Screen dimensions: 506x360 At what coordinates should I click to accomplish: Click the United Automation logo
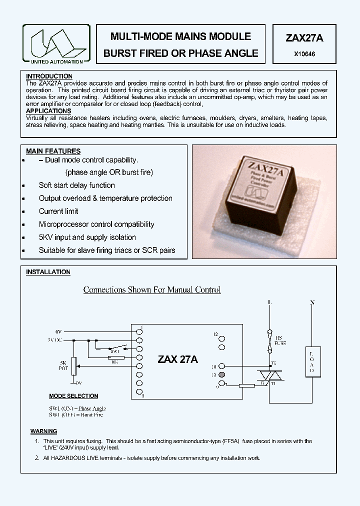[56, 43]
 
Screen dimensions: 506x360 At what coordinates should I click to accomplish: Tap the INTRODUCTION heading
[49, 76]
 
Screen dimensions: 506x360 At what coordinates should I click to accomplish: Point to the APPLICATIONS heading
[48, 111]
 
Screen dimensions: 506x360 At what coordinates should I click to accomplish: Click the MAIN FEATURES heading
[53, 151]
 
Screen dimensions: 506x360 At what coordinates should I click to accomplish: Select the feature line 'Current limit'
[58, 211]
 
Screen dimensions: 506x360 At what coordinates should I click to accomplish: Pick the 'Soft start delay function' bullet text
[76, 185]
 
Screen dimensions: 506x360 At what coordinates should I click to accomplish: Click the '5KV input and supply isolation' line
[87, 237]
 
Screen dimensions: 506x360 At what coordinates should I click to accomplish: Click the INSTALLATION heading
[48, 272]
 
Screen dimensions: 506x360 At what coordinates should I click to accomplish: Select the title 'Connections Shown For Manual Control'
[151, 290]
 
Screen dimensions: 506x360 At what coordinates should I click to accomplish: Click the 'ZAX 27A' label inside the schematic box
[177, 359]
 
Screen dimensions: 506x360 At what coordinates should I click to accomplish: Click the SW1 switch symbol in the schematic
[116, 348]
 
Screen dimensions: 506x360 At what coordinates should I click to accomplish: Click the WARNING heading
[43, 431]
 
